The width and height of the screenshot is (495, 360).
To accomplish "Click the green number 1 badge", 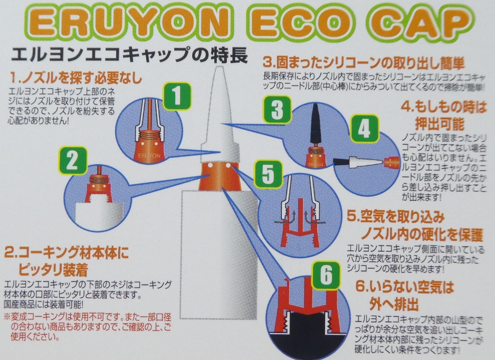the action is click(177, 96).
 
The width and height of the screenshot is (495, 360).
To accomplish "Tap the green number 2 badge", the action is click(73, 161).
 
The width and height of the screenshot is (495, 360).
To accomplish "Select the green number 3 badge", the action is click(277, 109).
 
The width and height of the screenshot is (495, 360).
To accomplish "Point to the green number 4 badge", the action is click(364, 128).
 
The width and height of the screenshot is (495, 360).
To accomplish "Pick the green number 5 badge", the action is click(268, 174).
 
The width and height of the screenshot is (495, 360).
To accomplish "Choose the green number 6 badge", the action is click(327, 275).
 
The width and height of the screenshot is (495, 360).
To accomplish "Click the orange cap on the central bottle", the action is click(220, 176).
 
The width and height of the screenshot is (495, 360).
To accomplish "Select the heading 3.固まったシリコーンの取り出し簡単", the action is click(364, 63).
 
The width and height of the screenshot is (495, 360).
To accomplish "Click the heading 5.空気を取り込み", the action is click(396, 217).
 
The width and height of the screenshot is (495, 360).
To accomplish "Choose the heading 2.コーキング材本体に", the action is click(67, 253).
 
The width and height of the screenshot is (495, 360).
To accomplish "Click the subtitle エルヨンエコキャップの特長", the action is click(129, 55).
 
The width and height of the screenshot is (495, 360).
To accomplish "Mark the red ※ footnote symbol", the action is click(7, 316).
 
